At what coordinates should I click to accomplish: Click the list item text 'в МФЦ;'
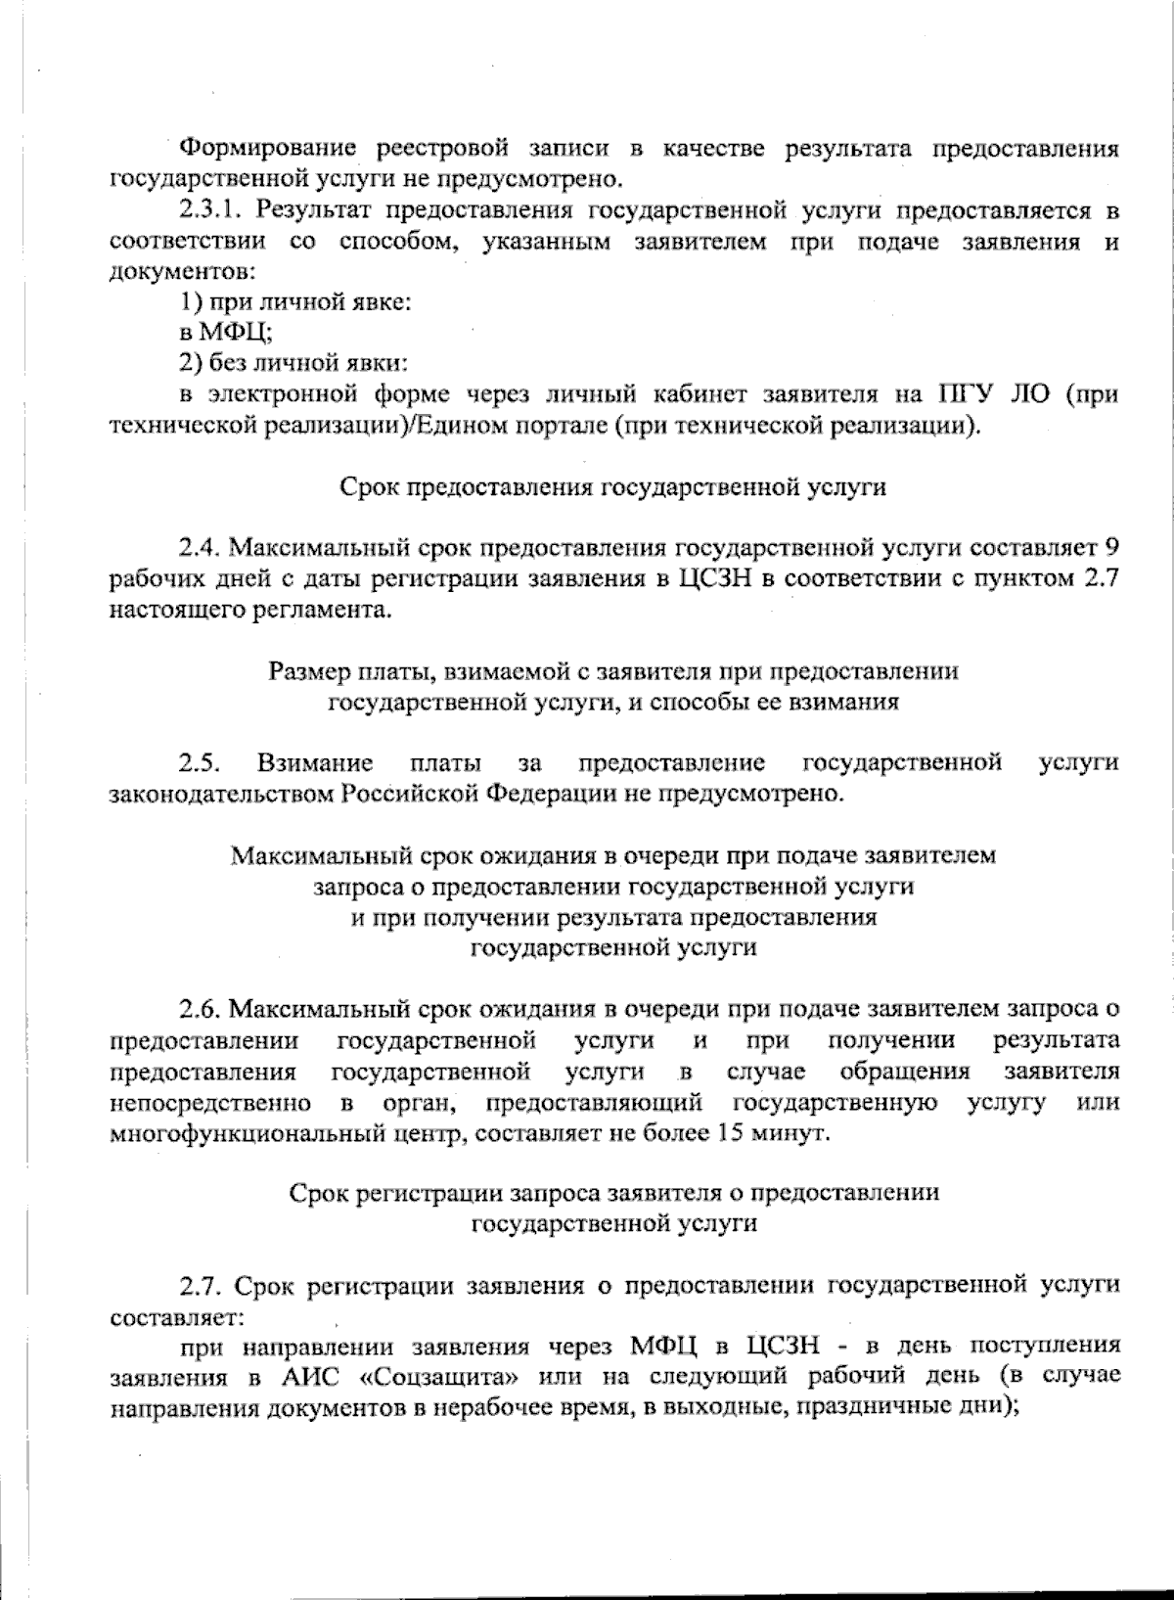click(x=225, y=334)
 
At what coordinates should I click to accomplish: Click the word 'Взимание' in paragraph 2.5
click(x=315, y=762)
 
